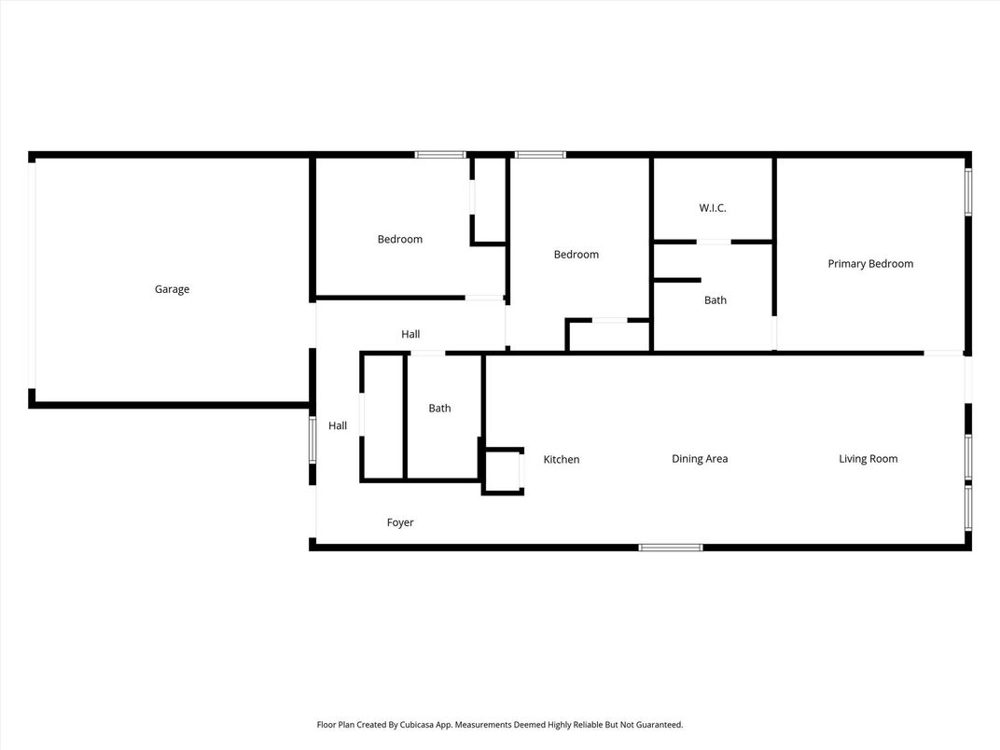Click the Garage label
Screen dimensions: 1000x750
pos(172,289)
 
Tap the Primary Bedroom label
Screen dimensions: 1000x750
pos(870,264)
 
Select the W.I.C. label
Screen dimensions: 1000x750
pos(713,208)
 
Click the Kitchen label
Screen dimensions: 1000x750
pos(562,459)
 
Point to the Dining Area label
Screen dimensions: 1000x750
pos(700,459)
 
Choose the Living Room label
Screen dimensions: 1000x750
pos(868,459)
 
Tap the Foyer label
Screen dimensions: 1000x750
pos(400,522)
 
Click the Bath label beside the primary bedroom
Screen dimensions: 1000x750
pos(715,299)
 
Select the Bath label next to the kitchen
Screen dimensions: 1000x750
pos(439,409)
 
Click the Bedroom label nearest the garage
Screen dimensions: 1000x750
pos(400,239)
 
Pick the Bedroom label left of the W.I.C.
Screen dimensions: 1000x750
pos(576,255)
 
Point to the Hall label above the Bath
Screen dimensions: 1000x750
pos(410,334)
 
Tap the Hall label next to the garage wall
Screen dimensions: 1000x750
pos(338,425)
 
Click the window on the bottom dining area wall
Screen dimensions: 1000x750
pos(671,548)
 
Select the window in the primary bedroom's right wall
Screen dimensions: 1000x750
pos(968,192)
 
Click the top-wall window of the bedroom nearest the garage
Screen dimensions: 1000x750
pos(440,154)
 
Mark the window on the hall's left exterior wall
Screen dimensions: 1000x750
pos(312,439)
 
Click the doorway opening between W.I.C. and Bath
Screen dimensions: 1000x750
pos(714,242)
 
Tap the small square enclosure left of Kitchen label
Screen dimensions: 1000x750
pos(503,471)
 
